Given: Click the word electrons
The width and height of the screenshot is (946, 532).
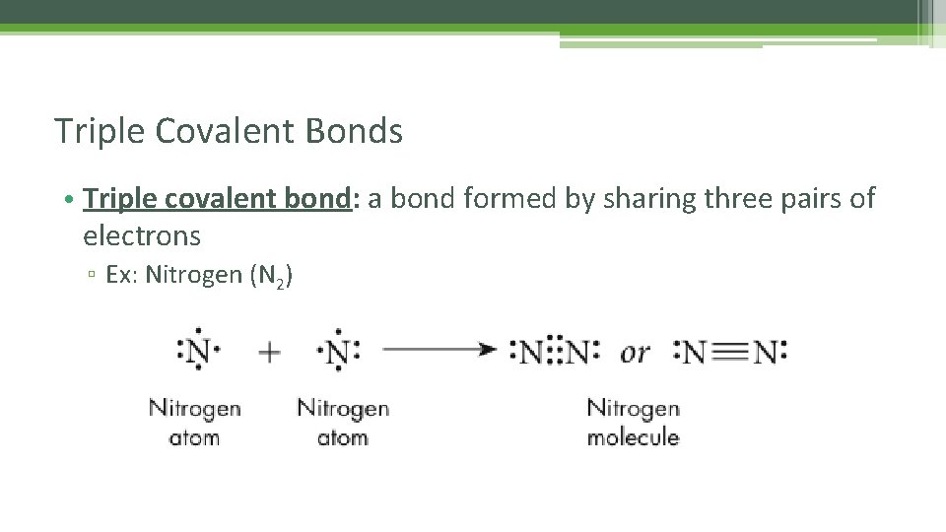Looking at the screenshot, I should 142,236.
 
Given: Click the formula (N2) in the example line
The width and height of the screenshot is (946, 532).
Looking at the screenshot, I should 271,276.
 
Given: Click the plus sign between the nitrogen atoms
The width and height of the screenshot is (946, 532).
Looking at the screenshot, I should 269,352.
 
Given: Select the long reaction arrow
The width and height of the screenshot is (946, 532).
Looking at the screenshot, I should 438,350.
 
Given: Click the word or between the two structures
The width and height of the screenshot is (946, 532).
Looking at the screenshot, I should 635,352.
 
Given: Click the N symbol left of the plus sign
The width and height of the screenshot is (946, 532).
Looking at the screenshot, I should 198,351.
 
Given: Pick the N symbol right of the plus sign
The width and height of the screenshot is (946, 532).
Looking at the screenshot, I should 338,351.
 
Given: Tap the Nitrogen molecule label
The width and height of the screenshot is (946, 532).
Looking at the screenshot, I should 633,422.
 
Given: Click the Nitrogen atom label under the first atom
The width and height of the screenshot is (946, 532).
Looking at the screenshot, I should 194,422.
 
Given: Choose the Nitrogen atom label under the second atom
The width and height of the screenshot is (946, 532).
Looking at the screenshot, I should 343,422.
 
